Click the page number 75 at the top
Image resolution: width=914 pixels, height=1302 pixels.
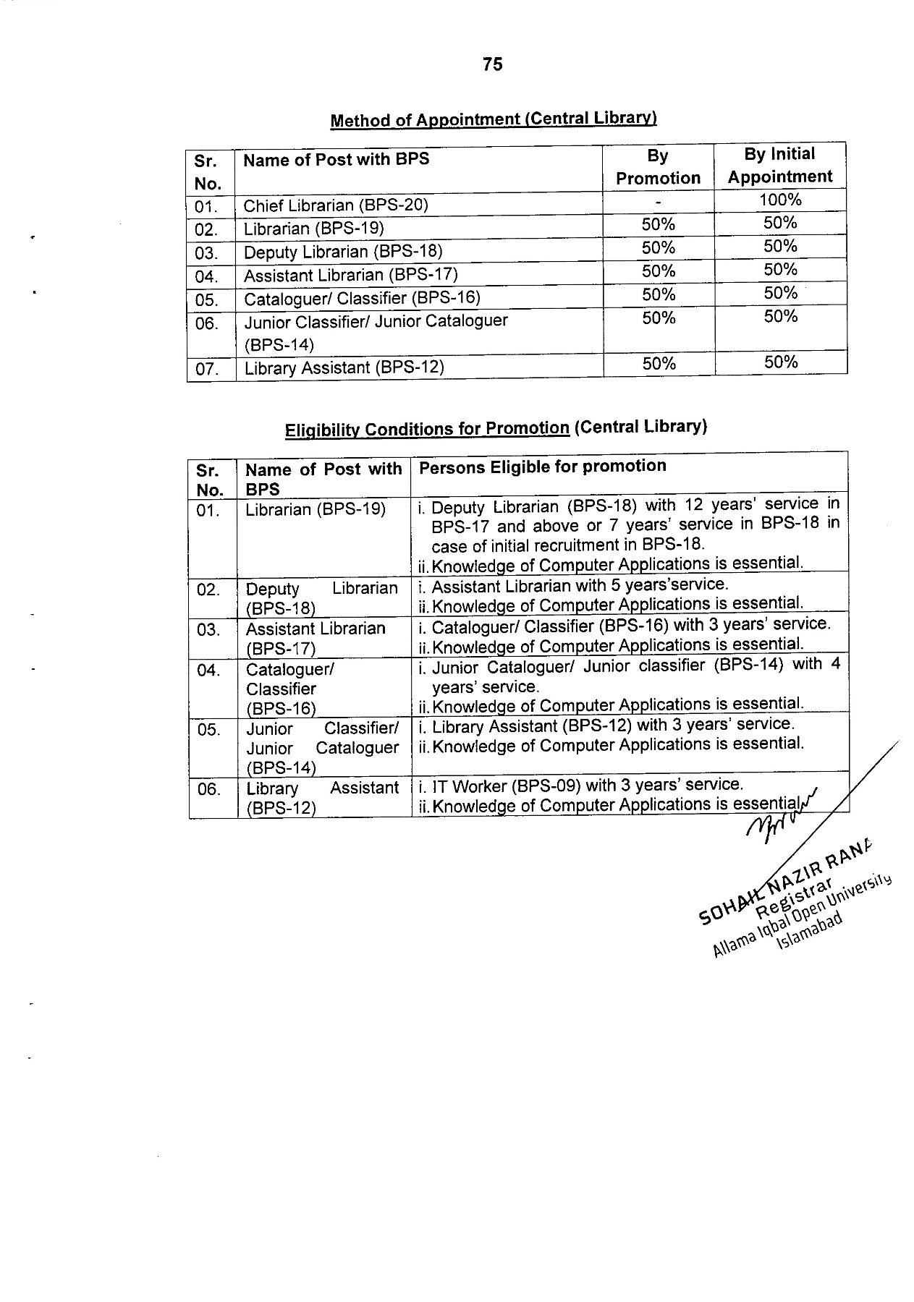(492, 64)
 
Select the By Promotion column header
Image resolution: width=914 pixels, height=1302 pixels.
(658, 167)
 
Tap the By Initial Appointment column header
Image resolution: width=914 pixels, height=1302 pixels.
(779, 166)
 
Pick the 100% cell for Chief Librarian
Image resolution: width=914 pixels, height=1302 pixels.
(780, 200)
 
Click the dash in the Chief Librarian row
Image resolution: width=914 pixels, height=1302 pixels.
(658, 203)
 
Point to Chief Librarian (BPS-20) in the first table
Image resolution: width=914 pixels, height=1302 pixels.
(336, 205)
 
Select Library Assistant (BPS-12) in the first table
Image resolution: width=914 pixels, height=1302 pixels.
(344, 367)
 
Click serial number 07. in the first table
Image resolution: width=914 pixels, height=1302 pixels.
(207, 369)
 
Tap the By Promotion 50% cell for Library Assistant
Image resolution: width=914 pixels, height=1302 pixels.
(658, 364)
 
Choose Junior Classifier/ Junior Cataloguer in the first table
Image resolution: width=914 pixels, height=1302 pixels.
(376, 321)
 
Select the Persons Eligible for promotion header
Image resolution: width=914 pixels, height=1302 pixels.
(542, 467)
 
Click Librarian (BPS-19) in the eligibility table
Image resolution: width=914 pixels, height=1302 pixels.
(316, 509)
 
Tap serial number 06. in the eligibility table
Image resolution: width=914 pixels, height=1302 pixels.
(208, 788)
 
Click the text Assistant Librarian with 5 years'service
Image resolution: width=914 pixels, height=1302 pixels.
(580, 584)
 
